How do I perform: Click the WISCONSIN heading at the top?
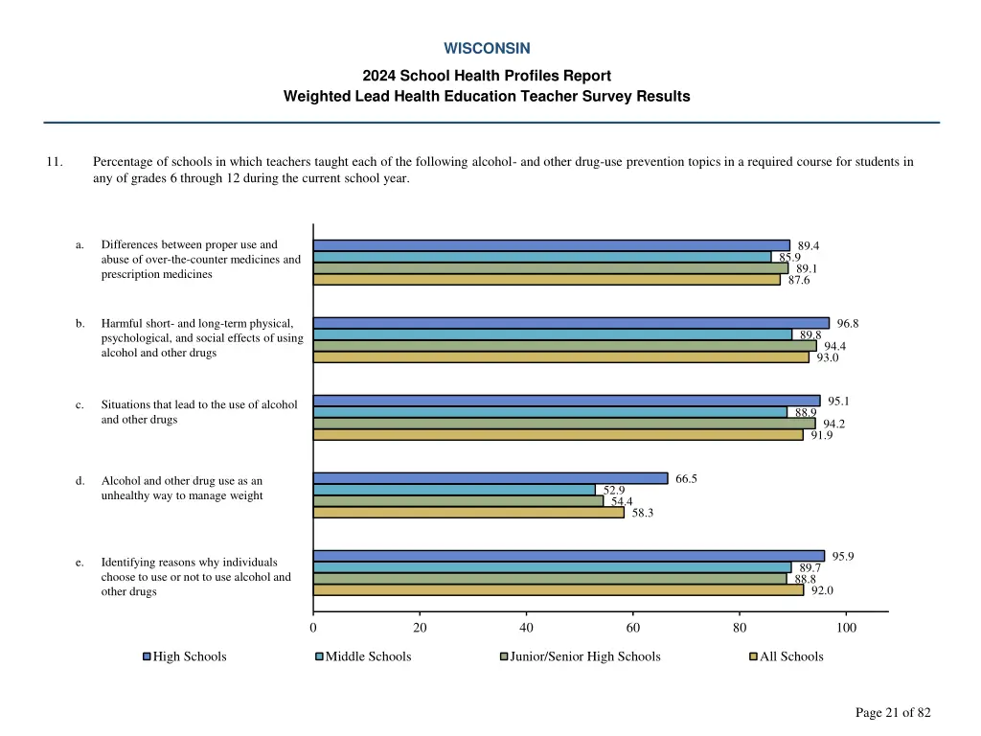coord(487,48)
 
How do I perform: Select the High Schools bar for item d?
coord(490,478)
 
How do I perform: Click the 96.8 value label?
coord(847,324)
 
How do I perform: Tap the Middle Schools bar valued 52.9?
coord(454,490)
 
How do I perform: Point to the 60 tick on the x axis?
coord(633,628)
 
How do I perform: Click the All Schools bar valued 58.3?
coord(468,513)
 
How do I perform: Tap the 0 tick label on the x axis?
coord(313,628)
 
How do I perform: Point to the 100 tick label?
coord(846,628)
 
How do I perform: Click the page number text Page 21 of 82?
coord(893,712)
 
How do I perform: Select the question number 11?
coord(55,162)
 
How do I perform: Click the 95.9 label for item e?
coord(843,557)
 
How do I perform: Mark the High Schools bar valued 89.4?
coord(552,245)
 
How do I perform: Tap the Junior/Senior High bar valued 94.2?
coord(564,424)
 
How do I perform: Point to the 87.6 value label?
coord(799,281)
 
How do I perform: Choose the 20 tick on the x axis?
coord(420,628)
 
